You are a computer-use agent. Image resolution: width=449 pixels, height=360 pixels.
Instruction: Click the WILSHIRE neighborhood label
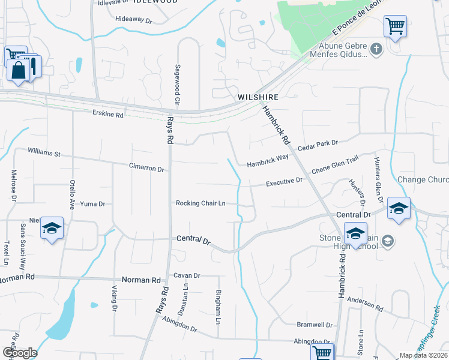(258, 97)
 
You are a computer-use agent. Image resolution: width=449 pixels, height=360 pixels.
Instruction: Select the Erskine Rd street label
(108, 113)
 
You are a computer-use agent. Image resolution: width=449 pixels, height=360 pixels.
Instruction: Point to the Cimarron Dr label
(146, 169)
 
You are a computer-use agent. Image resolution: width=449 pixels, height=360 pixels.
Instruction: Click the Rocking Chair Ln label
(200, 203)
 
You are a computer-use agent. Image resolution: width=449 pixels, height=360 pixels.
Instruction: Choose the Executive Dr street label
(285, 181)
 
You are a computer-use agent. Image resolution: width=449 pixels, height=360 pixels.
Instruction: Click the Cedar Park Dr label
(318, 143)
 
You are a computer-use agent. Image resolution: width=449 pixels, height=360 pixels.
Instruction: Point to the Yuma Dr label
(93, 204)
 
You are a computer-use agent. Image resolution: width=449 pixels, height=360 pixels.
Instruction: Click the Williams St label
(44, 154)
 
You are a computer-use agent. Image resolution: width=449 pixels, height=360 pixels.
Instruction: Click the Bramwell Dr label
(315, 325)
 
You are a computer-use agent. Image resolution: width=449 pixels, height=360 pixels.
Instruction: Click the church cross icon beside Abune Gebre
(376, 49)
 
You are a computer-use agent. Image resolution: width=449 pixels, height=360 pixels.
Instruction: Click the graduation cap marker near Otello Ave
(52, 228)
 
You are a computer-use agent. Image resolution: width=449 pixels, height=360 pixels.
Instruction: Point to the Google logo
(19, 353)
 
